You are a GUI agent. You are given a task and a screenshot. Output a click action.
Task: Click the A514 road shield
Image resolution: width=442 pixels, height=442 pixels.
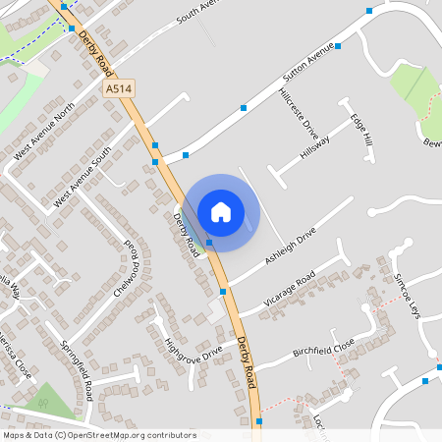coord(119,88)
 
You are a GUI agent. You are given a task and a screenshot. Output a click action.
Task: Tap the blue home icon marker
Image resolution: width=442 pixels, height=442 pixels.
coord(221,211)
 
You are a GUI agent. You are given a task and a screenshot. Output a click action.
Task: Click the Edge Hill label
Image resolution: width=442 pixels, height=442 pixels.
coord(361,130)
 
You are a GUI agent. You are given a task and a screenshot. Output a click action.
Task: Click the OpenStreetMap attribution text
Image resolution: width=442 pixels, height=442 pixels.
coord(99,434)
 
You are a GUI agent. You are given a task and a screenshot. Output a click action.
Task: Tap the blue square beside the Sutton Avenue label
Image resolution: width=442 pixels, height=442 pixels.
coord(337,46)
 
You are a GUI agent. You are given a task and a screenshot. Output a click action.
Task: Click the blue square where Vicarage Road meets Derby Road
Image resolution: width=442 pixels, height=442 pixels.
coord(223,292)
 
